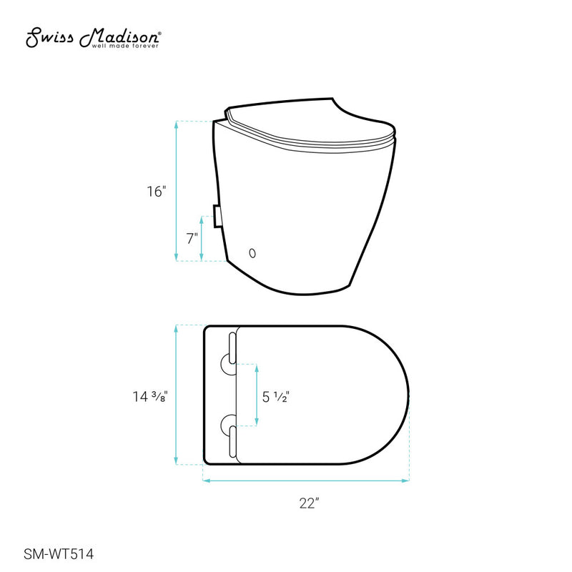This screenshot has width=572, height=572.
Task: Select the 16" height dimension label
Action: (157, 192)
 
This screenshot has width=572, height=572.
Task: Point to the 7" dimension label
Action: (192, 239)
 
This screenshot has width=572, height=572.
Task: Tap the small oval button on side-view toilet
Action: (251, 252)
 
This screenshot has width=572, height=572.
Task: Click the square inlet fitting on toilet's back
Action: (215, 215)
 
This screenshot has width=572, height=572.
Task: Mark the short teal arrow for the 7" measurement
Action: (202, 239)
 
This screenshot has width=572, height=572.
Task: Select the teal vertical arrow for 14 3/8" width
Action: (177, 395)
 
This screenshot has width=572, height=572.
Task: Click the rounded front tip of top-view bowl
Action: (408, 395)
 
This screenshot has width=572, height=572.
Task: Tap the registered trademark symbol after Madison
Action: (158, 33)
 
